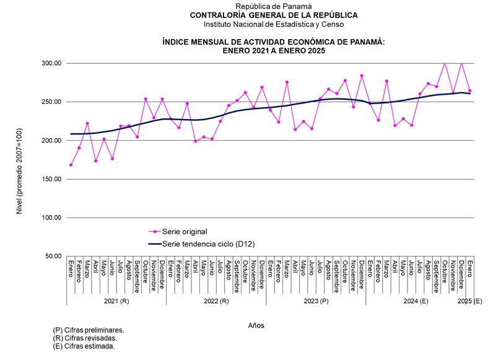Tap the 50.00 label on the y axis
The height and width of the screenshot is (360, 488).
[47, 257]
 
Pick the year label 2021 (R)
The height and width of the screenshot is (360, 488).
[116, 301]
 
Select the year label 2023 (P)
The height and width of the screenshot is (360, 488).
[316, 301]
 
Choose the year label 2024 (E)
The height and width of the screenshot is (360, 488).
[416, 301]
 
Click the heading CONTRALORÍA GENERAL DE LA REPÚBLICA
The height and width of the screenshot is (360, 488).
[274, 15]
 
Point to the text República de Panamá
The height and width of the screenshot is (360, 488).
[274, 6]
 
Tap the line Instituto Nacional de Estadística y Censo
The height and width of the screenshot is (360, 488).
[274, 24]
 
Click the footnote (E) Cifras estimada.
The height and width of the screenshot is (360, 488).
[84, 346]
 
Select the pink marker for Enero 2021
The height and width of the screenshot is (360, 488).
[71, 165]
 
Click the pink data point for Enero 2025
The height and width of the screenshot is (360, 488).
[469, 90]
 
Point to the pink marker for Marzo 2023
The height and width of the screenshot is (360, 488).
[287, 82]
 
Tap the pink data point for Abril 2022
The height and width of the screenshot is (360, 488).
[195, 141]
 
